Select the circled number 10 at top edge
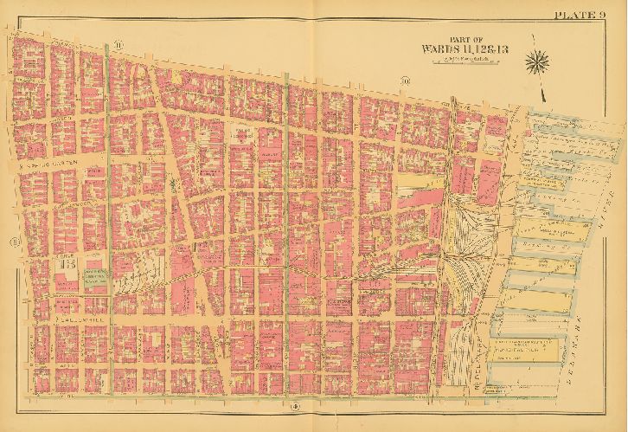(x=403, y=81)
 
